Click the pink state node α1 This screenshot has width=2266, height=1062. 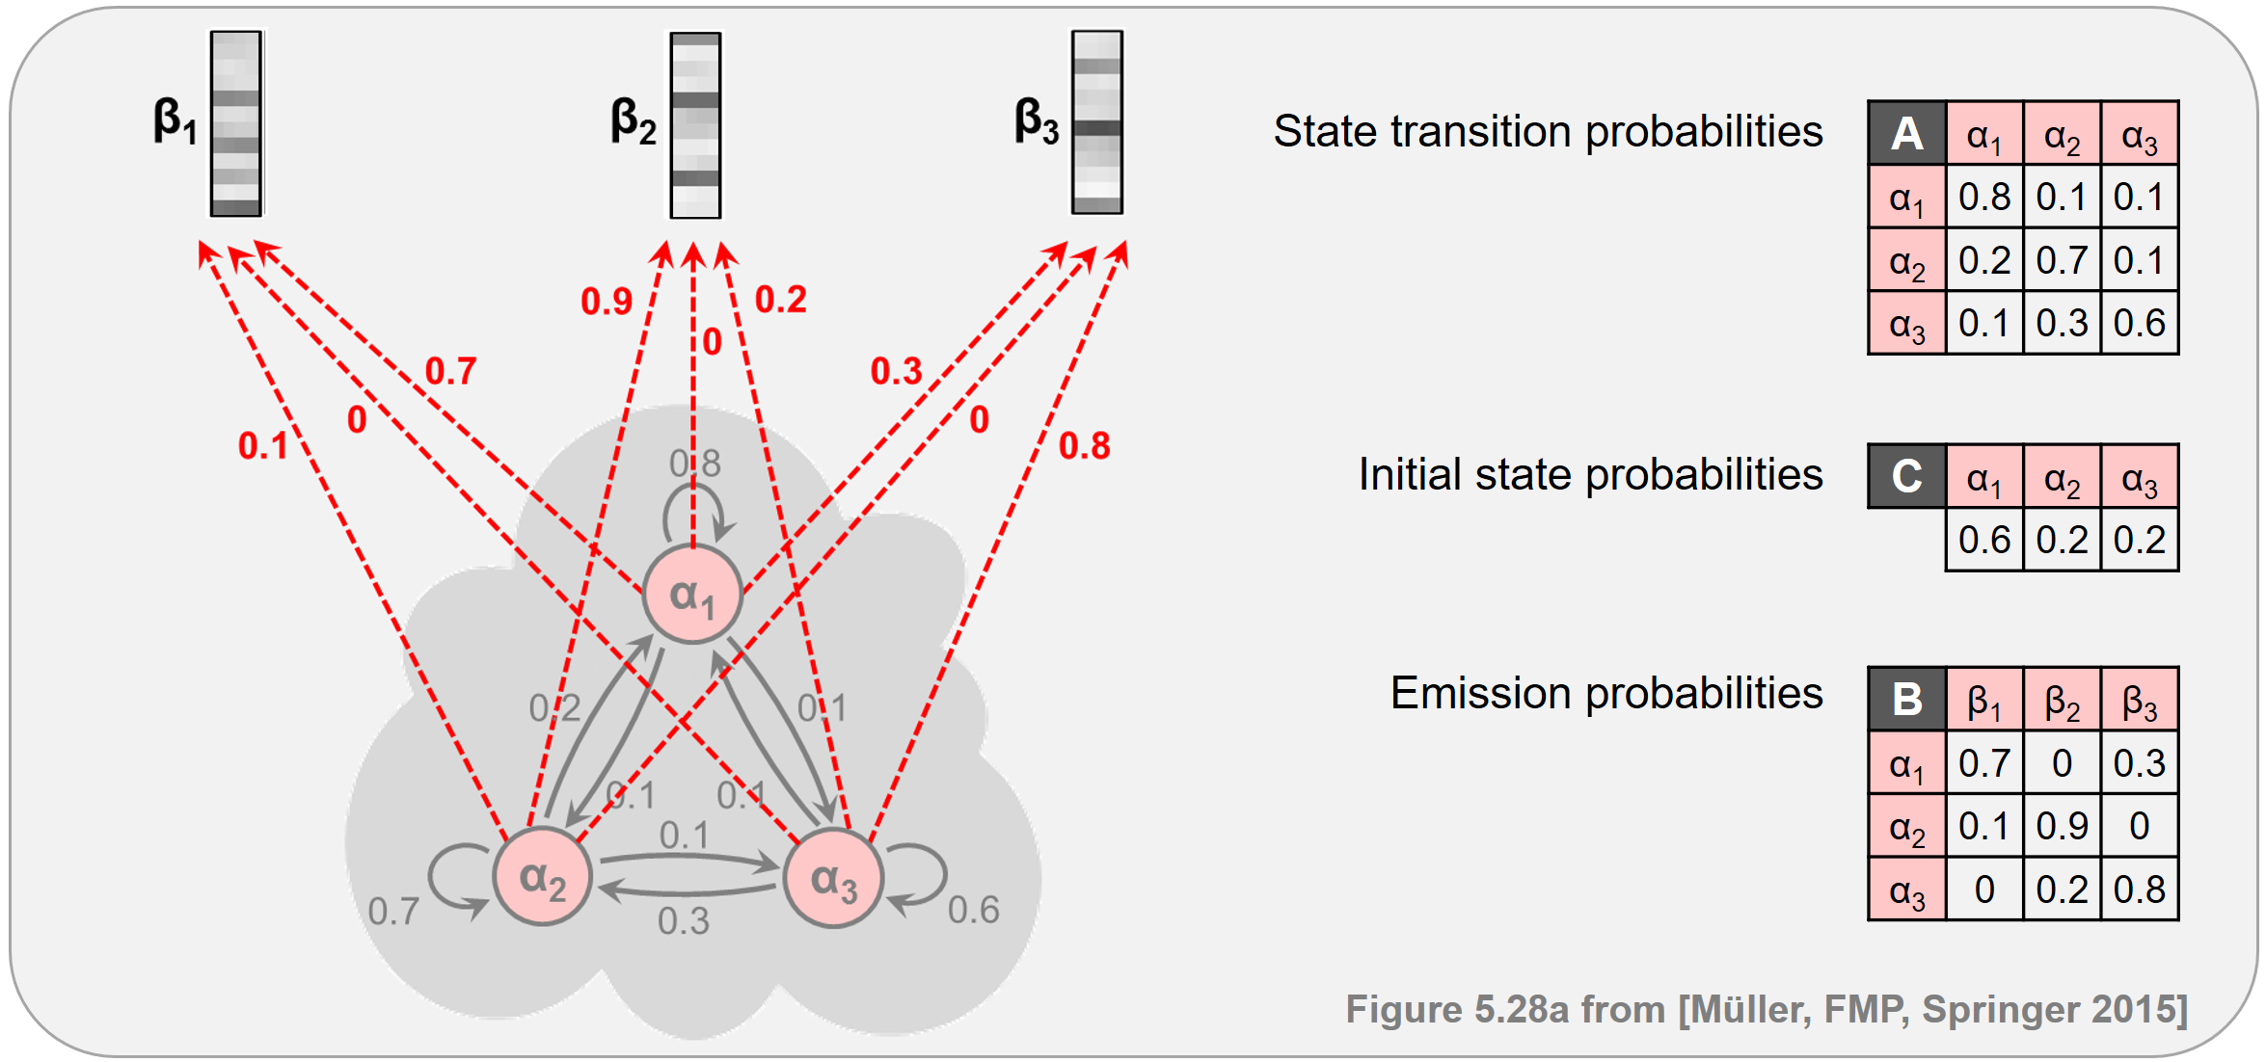tap(692, 594)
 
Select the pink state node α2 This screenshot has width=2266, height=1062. tap(542, 877)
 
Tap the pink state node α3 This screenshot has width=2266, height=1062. tap(833, 879)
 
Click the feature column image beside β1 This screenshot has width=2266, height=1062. tap(236, 123)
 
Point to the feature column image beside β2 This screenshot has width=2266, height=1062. tap(695, 125)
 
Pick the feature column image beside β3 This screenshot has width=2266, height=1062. tap(1097, 122)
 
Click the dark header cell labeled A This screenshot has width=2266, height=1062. tap(1906, 133)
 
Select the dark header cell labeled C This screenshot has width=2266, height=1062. tap(1906, 476)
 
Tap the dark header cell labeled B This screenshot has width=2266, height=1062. tap(1906, 699)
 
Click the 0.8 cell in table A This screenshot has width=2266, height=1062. tap(1984, 197)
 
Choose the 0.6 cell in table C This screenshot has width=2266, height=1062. tap(1984, 540)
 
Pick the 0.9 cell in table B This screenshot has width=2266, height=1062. tap(2062, 826)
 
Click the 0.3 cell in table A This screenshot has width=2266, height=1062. tap(2062, 323)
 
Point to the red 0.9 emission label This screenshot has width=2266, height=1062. tap(606, 302)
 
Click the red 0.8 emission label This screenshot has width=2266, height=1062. tap(1084, 446)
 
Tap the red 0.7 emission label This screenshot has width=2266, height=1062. tap(450, 371)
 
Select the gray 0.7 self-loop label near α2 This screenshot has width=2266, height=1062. tap(393, 911)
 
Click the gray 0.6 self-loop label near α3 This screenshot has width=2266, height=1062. tap(973, 910)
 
